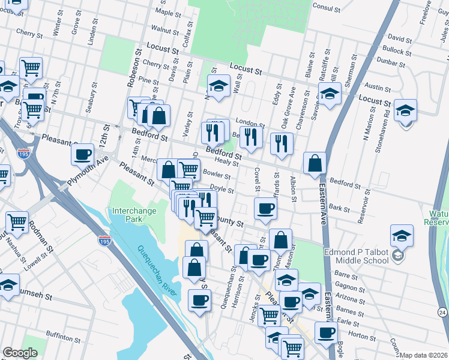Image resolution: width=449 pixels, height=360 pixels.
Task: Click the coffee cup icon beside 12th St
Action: [82, 154]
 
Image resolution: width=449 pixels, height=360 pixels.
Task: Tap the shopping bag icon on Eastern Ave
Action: [315, 163]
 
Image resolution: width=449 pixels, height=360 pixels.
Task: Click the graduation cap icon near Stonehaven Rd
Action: [406, 110]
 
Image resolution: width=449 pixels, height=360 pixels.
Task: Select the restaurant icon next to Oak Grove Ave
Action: [280, 143]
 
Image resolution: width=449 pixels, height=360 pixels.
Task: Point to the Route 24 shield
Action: [442, 312]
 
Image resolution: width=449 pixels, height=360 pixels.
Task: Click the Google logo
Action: [20, 353]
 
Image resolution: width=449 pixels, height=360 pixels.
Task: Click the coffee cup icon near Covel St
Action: [265, 208]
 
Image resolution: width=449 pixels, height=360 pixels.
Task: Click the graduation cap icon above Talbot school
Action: [402, 235]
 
